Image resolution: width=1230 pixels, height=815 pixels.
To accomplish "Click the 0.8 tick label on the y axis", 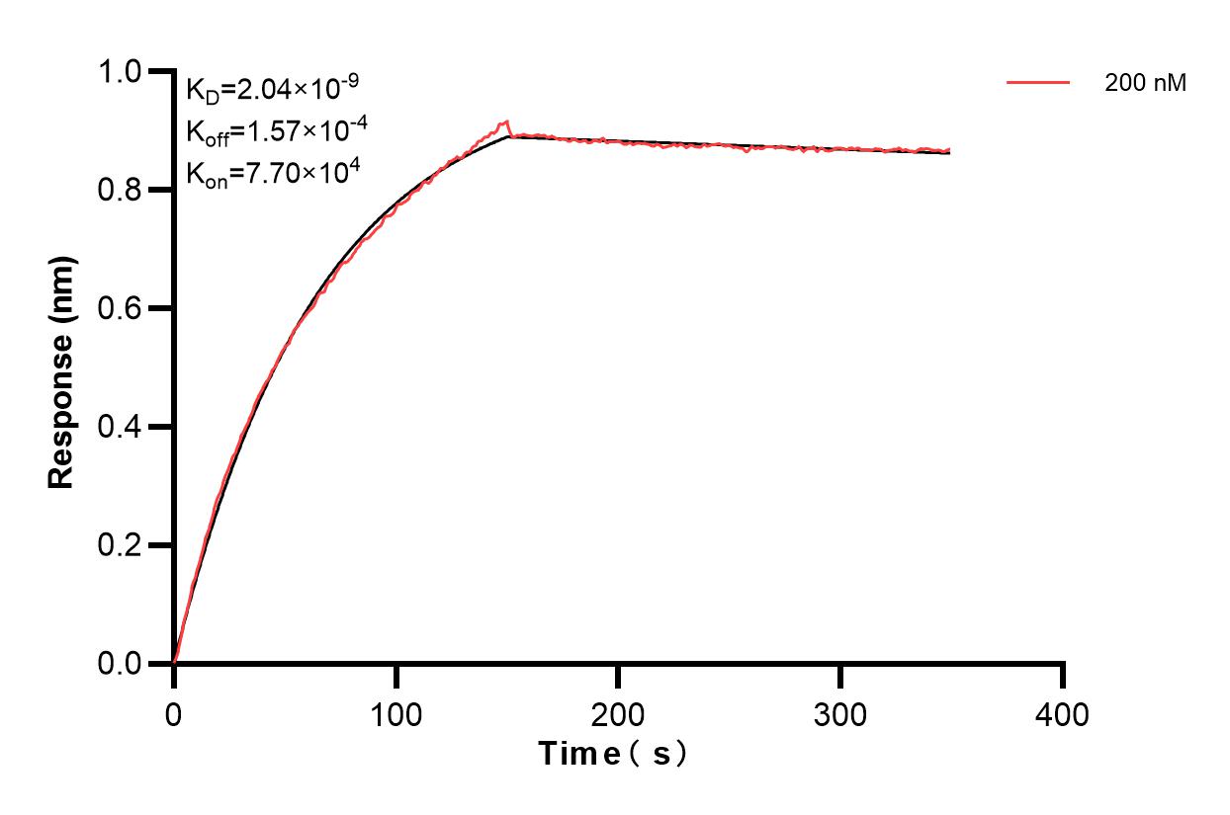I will [x=121, y=190].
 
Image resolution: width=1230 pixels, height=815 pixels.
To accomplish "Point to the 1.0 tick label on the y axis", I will [x=121, y=71].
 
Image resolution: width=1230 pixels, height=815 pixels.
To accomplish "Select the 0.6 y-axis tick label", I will [x=121, y=308].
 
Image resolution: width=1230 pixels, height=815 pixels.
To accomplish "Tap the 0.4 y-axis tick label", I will [x=121, y=427].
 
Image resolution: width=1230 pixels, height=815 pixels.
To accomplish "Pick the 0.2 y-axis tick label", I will [x=121, y=545].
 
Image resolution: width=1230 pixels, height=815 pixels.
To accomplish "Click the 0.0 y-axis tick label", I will [x=121, y=664].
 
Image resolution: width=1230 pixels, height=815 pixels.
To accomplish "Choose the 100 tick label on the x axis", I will [x=395, y=713].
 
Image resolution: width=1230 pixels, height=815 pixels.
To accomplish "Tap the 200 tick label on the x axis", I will [x=618, y=713].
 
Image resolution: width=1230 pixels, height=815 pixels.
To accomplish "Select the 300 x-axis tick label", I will [x=840, y=713].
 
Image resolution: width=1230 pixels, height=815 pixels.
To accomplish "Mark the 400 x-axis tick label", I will [x=1063, y=713].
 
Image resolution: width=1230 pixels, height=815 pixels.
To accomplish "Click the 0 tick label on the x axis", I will [x=174, y=713].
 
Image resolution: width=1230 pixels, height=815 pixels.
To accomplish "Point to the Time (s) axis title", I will [x=613, y=755].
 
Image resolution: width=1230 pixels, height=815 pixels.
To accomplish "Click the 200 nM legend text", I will [x=1145, y=84].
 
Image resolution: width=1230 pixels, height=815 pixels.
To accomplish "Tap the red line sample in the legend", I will [x=1038, y=84].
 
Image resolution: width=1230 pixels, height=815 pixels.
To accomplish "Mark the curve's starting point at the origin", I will [x=175, y=662].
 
